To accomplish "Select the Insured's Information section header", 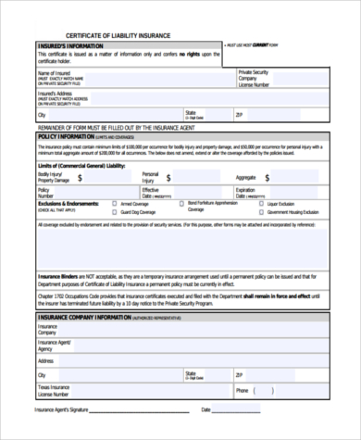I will coord(70,44).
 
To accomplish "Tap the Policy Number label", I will coord(46,193).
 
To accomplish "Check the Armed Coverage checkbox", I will coord(113,204).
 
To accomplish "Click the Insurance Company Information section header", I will coord(84,317).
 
